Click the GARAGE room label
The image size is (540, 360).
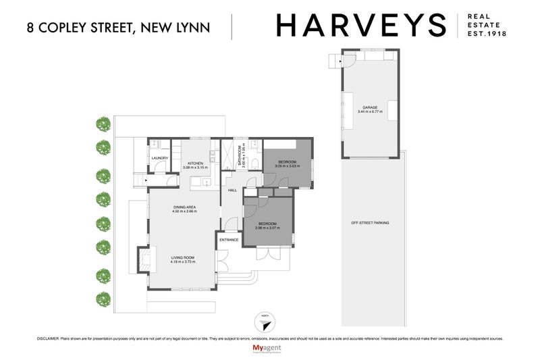370,107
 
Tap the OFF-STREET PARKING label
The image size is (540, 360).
370,223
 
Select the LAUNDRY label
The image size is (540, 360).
160,159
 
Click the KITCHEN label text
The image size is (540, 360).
196,163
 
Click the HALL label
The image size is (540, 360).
232,190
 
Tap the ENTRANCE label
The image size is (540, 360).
227,240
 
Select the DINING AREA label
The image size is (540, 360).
184,207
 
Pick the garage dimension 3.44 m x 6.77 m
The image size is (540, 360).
370,111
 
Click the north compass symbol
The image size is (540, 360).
265,324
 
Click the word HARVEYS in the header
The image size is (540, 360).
361,26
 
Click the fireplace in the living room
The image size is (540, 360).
144,259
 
